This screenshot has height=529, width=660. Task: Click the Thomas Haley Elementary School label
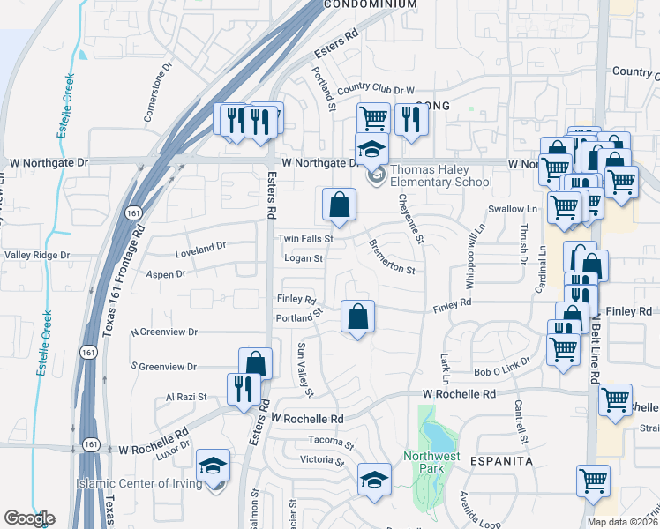(440, 176)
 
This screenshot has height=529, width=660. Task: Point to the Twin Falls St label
(304, 238)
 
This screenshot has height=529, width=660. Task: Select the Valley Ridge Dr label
(36, 255)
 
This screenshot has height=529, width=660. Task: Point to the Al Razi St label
(186, 398)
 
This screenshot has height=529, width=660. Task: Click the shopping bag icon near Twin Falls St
(339, 206)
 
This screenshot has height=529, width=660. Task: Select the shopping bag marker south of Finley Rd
(357, 317)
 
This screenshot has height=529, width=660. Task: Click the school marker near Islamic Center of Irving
(213, 465)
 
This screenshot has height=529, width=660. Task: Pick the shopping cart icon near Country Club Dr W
(373, 118)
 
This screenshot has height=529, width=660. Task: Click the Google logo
(29, 518)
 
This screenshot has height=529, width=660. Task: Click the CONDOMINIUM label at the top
(370, 4)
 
